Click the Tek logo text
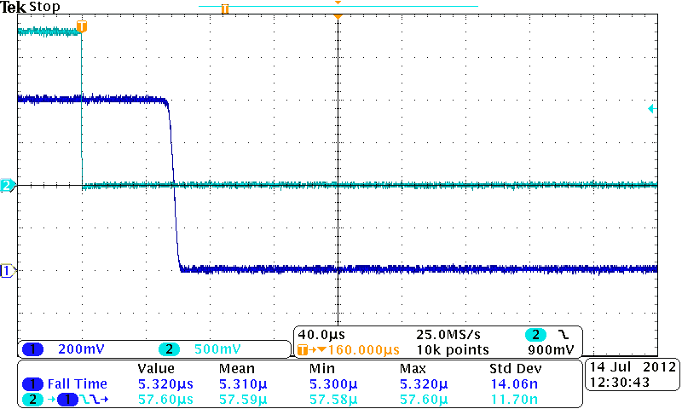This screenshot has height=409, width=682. click(x=13, y=7)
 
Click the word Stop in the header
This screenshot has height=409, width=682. click(x=44, y=7)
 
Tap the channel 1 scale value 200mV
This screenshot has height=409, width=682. click(x=78, y=349)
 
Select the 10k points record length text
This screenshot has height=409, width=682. click(x=453, y=349)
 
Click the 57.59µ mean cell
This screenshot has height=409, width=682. click(x=242, y=398)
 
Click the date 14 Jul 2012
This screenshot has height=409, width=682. click(x=632, y=367)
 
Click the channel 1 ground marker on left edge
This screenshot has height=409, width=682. click(x=8, y=271)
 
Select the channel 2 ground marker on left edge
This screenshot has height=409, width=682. click(x=8, y=185)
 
